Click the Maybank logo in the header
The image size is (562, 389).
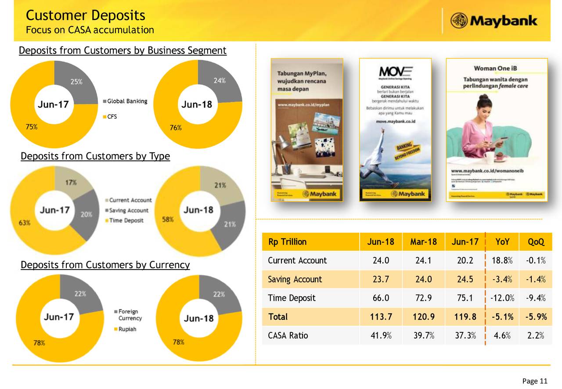point(494,21)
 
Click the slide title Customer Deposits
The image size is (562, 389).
point(85,15)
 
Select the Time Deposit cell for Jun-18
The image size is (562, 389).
point(381,298)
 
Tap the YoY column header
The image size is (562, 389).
point(502,242)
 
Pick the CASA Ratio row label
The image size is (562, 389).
point(288,336)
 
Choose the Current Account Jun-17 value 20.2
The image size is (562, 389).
point(465,261)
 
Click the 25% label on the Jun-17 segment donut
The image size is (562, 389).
point(76,81)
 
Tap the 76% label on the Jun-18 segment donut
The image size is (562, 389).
point(176,128)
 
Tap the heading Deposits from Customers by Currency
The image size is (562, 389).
point(105,265)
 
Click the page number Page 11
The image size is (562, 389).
point(534,381)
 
